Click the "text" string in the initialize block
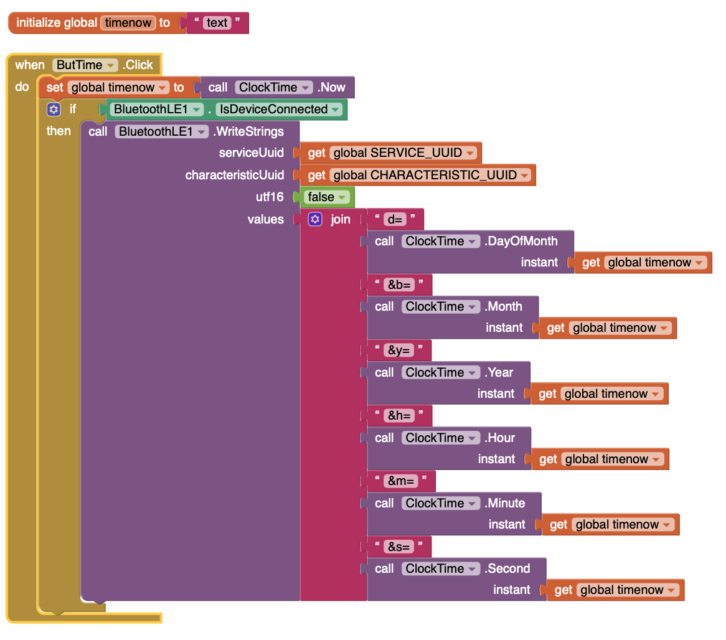point(217,23)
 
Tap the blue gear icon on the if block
point(54,109)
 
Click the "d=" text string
point(395,219)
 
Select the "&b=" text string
point(399,285)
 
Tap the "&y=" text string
point(399,350)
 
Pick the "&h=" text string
point(399,415)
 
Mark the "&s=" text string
point(399,547)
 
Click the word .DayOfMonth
point(521,241)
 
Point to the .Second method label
point(508,568)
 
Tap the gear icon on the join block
point(315,219)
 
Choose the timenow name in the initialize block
point(128,23)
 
